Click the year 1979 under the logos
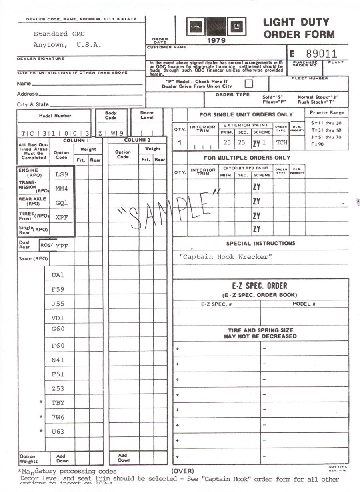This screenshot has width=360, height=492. pyautogui.click(x=216, y=40)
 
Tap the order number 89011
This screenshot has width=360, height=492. pyautogui.click(x=321, y=54)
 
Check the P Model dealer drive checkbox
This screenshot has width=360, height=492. pyautogui.click(x=249, y=84)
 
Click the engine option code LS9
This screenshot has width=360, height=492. pyautogui.click(x=62, y=174)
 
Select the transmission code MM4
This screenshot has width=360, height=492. pyautogui.click(x=62, y=188)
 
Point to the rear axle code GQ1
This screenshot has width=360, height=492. pyautogui.click(x=62, y=203)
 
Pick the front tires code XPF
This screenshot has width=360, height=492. pyautogui.click(x=62, y=217)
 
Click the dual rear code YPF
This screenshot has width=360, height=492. pyautogui.click(x=62, y=246)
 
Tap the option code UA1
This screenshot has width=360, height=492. pyautogui.click(x=58, y=275)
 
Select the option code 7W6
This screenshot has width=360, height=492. pyautogui.click(x=58, y=417)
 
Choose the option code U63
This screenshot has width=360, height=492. pyautogui.click(x=58, y=432)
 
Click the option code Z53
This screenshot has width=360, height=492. pyautogui.click(x=58, y=388)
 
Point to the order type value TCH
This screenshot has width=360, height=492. pyautogui.click(x=282, y=142)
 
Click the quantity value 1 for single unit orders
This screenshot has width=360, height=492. pyautogui.click(x=180, y=142)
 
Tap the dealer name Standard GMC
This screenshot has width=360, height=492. pyautogui.click(x=59, y=34)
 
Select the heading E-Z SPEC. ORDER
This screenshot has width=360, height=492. pyautogui.click(x=260, y=286)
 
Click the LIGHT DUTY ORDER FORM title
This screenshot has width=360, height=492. pyautogui.click(x=299, y=28)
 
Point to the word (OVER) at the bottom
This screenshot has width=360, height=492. pyautogui.click(x=182, y=471)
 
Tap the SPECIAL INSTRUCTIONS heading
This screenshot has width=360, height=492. pyautogui.click(x=260, y=243)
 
